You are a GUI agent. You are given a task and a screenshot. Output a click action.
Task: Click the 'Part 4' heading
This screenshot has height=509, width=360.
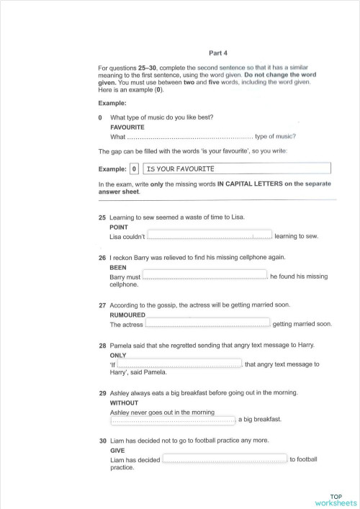point(217,53)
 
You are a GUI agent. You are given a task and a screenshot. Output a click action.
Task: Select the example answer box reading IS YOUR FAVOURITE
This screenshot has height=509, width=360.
point(237,168)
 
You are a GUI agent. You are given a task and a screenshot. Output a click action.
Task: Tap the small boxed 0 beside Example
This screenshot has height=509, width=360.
point(134,169)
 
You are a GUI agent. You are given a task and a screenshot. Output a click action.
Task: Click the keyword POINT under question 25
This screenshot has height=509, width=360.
point(119,227)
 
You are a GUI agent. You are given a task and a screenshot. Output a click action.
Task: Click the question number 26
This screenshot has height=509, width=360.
point(102,257)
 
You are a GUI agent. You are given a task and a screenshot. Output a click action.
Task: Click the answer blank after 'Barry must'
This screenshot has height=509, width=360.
point(204,275)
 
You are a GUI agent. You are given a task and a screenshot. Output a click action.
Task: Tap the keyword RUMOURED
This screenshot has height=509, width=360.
point(127,315)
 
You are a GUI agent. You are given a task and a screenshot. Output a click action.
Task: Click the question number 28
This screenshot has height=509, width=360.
point(102,346)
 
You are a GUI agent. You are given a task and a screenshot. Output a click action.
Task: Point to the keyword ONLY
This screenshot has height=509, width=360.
point(118,355)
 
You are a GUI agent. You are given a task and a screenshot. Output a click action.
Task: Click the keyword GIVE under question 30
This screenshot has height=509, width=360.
point(117,450)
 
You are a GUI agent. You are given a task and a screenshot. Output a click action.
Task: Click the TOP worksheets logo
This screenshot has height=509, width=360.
point(336,499)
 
